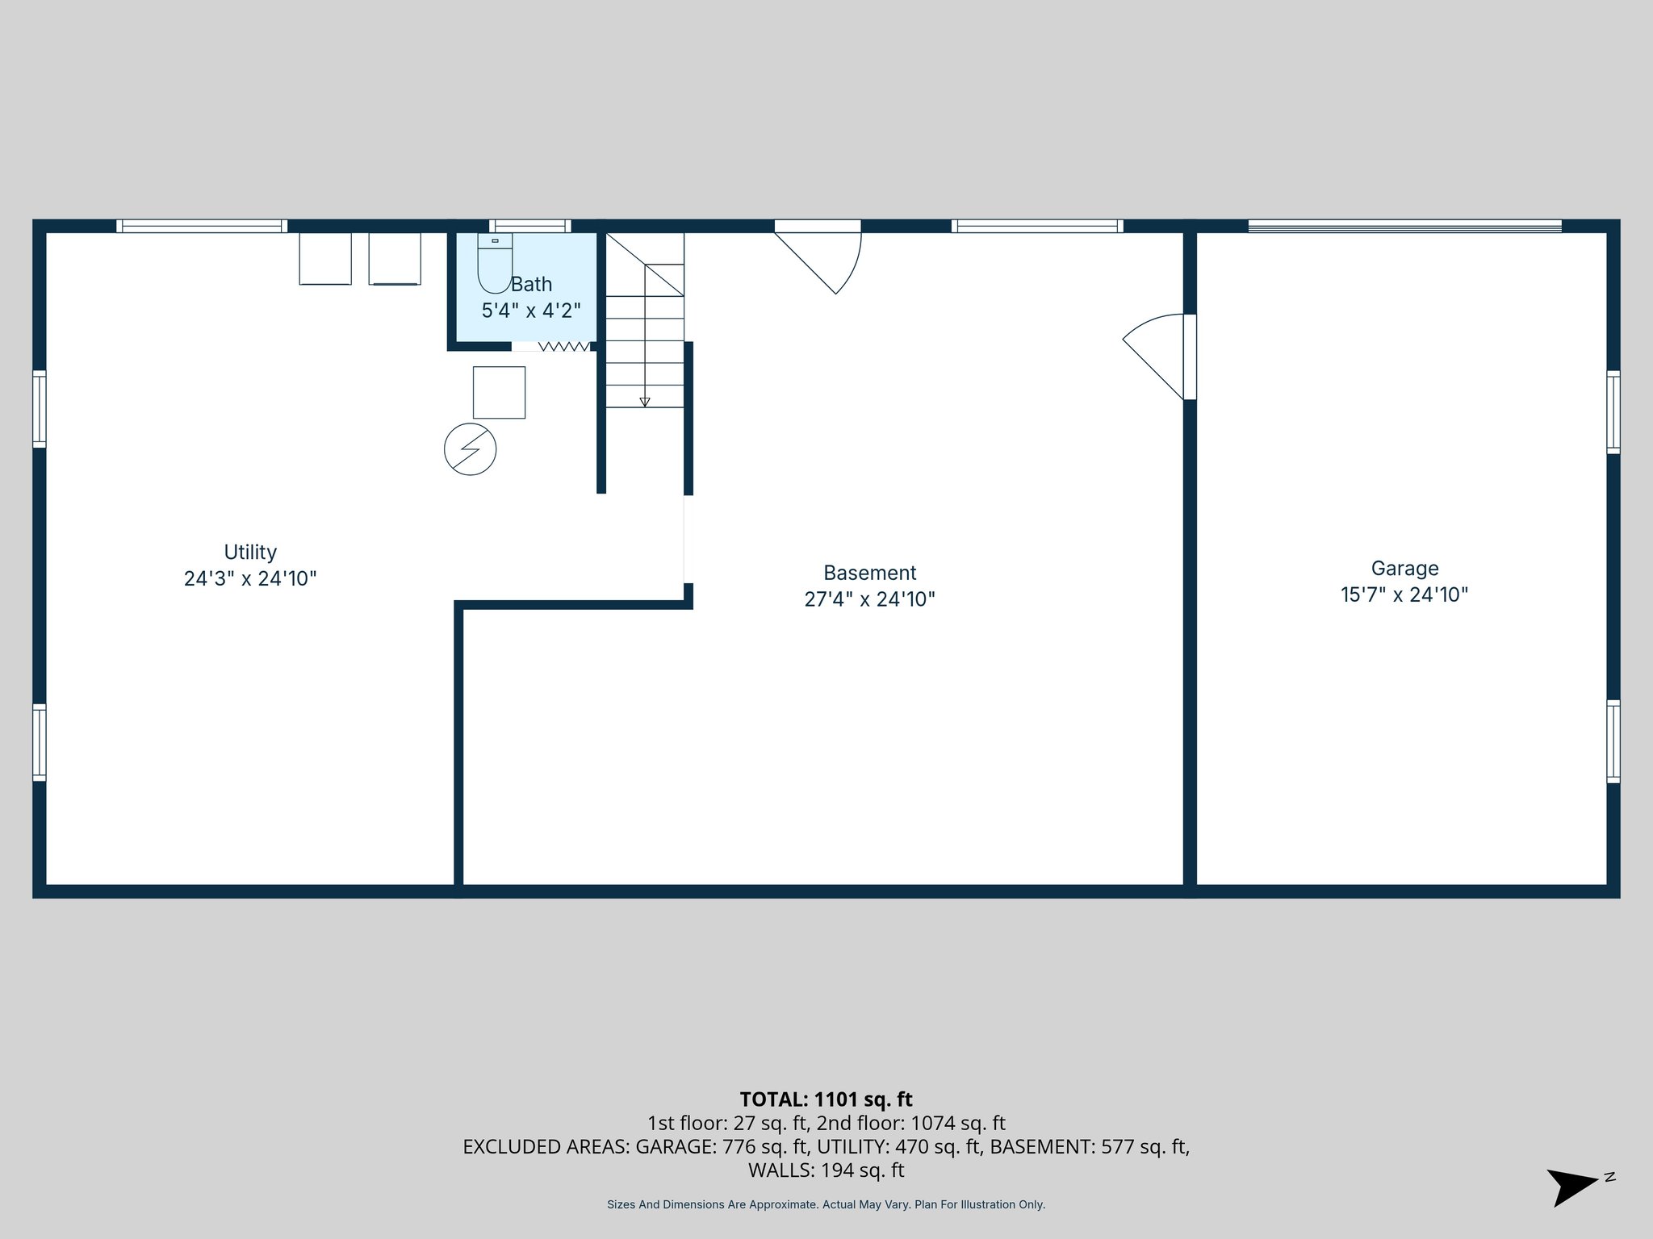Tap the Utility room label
pyautogui.click(x=250, y=553)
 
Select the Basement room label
pyautogui.click(x=869, y=573)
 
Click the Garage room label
pyautogui.click(x=1404, y=569)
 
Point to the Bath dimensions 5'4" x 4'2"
pyautogui.click(x=531, y=311)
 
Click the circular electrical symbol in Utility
pyautogui.click(x=470, y=449)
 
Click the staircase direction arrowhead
pyautogui.click(x=644, y=402)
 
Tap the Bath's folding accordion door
pyautogui.click(x=563, y=347)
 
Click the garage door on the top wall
pyautogui.click(x=1404, y=227)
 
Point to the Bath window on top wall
pyautogui.click(x=529, y=226)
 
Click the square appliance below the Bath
pyautogui.click(x=499, y=393)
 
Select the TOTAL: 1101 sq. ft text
pyautogui.click(x=826, y=1099)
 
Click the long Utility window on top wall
pyautogui.click(x=202, y=226)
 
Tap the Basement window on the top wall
pyautogui.click(x=1037, y=226)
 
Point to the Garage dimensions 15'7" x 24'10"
pyautogui.click(x=1404, y=595)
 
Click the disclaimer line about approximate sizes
pyautogui.click(x=826, y=1204)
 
